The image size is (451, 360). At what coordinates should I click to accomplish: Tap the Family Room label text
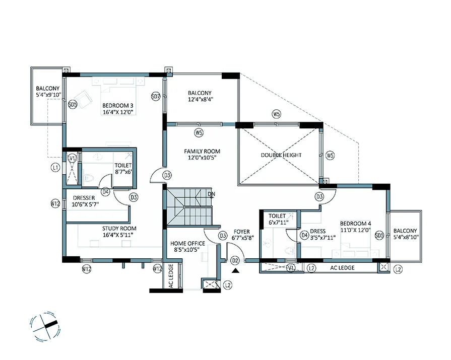pos(202,155)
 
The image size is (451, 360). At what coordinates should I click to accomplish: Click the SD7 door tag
pos(156,96)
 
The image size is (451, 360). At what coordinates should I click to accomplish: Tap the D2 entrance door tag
pos(235,260)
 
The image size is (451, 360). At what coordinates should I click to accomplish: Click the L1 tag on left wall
pos(55,167)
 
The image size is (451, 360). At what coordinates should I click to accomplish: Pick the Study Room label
pos(119,232)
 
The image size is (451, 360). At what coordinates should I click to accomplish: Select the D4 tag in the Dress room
pos(304,235)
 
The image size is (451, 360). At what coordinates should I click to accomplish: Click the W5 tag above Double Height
pos(276,115)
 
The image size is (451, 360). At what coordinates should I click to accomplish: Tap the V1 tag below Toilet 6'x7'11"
pos(291,268)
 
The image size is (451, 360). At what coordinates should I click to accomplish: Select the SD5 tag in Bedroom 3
pos(72,105)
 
